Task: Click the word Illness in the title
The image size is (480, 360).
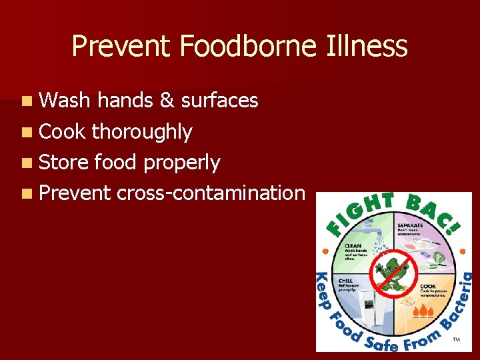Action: (367, 47)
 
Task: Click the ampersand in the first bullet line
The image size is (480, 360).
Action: (167, 101)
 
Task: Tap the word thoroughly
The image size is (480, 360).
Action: (142, 132)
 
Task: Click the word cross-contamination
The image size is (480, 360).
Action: (210, 193)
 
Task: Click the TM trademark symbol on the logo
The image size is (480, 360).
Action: (457, 340)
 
